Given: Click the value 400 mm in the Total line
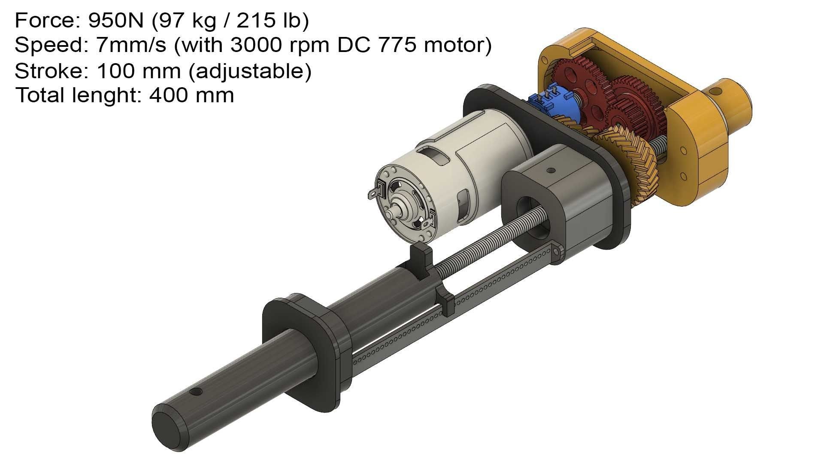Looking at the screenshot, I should pos(191,95).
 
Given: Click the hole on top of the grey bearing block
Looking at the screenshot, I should pos(550,171).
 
